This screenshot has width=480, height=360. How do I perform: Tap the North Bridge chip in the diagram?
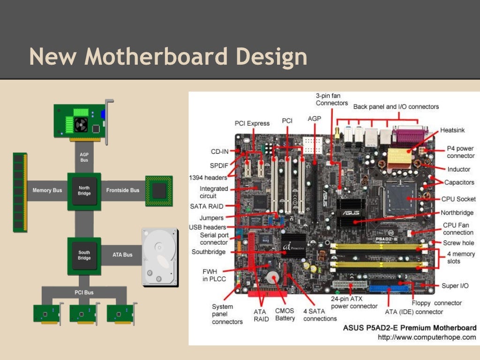[84, 190]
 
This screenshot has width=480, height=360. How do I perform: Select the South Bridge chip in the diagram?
[84, 255]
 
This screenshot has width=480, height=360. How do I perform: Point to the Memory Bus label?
[47, 190]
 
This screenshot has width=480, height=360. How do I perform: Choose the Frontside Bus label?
[123, 190]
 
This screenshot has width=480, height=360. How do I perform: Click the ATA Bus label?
[122, 255]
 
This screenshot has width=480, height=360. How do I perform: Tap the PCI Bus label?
[84, 292]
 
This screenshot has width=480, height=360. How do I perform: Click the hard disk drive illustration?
[160, 257]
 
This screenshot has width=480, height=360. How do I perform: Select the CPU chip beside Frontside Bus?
[159, 190]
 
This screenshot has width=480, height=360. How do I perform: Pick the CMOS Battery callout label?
[285, 314]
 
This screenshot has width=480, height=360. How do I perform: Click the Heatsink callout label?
[453, 130]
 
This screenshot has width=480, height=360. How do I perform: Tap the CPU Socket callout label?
[458, 199]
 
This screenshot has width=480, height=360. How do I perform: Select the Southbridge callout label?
[209, 252]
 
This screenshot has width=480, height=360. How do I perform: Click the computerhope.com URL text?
[427, 337]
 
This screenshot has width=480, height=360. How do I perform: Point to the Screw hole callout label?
[458, 243]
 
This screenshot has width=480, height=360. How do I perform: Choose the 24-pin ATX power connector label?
[354, 302]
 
